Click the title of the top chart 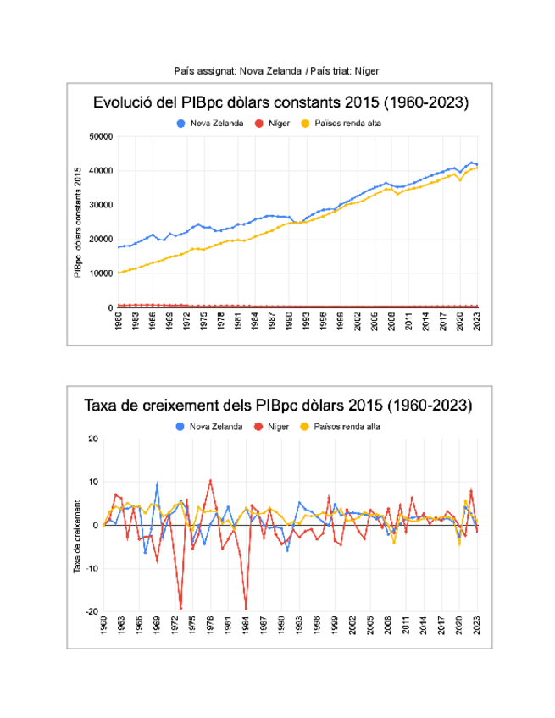pos(280,103)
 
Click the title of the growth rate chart pos(278,406)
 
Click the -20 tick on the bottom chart pos(93,611)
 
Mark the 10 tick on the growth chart pos(95,482)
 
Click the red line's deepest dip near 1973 pos(180,608)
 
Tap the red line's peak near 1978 pos(210,480)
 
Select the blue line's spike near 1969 pos(157,483)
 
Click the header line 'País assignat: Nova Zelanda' pos(236,71)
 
